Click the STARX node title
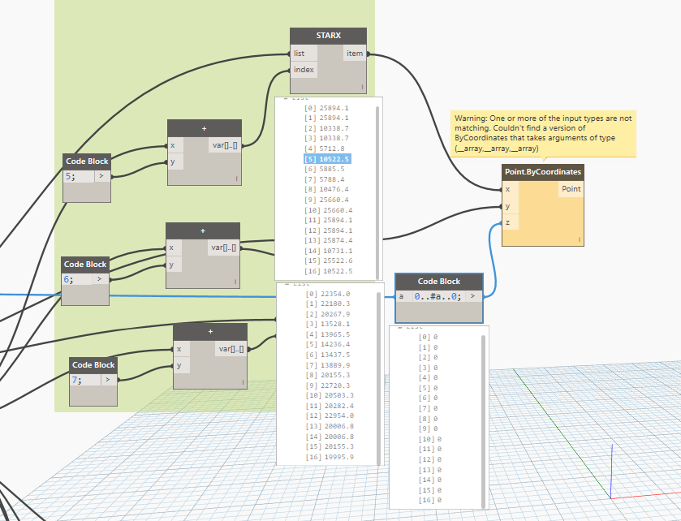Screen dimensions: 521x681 coord(328,36)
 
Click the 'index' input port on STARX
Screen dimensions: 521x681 coord(304,70)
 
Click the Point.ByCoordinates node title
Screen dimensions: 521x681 coord(543,172)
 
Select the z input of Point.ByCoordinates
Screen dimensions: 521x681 coord(508,222)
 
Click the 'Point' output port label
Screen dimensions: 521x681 coord(570,189)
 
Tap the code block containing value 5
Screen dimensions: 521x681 coord(87,176)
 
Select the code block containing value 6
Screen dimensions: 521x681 coord(84,279)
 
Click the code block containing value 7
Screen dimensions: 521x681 coord(92,380)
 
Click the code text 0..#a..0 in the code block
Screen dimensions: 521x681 coord(438,297)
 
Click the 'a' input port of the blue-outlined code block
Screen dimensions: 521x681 coord(401,297)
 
